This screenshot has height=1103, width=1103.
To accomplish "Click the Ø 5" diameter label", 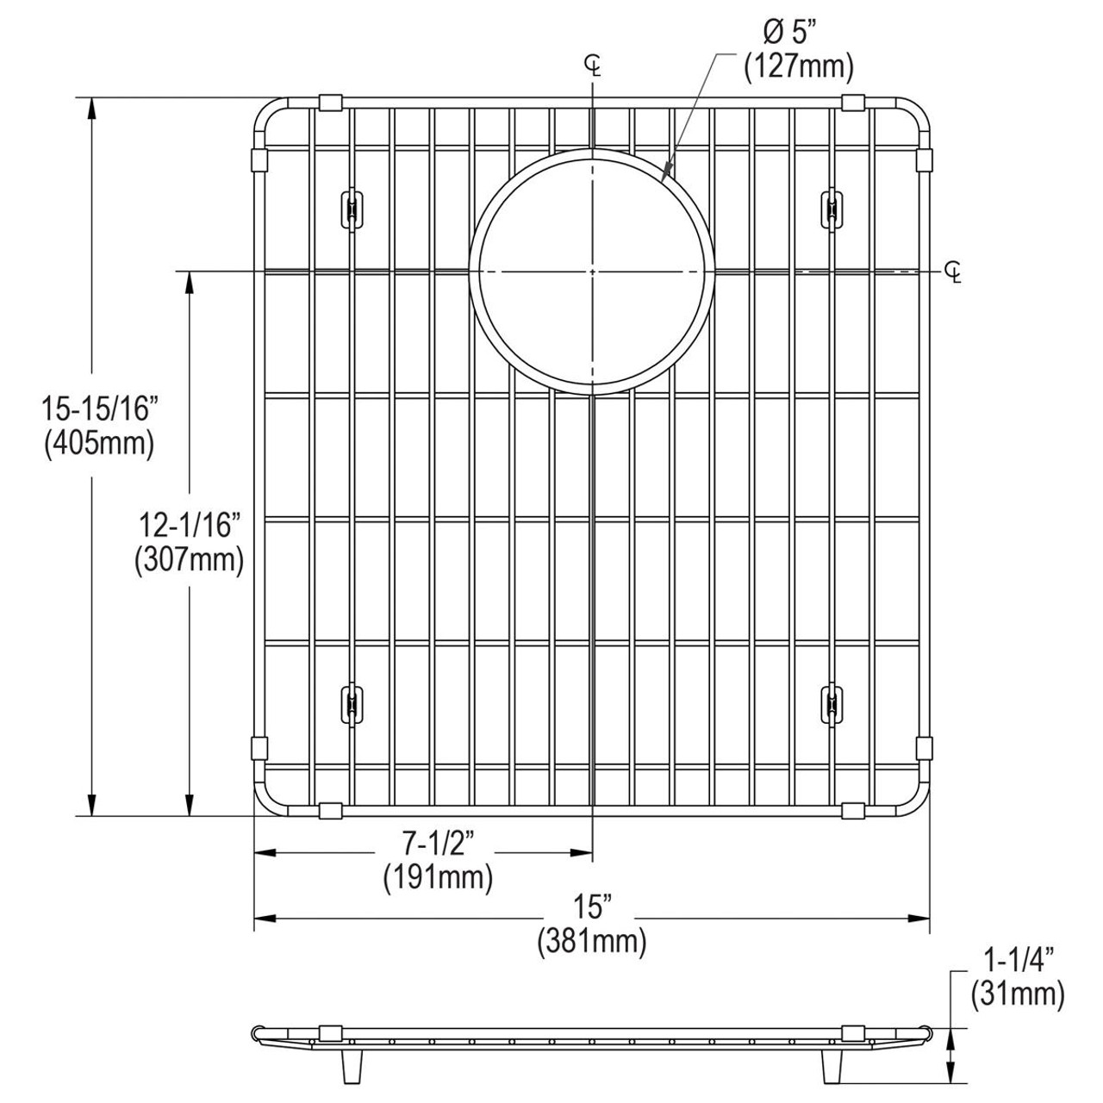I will (x=785, y=34).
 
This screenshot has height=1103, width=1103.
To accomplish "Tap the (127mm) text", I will (x=798, y=66).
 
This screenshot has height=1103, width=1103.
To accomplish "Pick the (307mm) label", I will (x=189, y=561).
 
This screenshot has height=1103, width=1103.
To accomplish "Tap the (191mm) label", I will (x=438, y=878).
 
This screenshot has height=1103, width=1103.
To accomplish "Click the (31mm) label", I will (x=1018, y=995).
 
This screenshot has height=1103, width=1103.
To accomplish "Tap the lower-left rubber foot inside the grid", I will (x=351, y=704).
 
